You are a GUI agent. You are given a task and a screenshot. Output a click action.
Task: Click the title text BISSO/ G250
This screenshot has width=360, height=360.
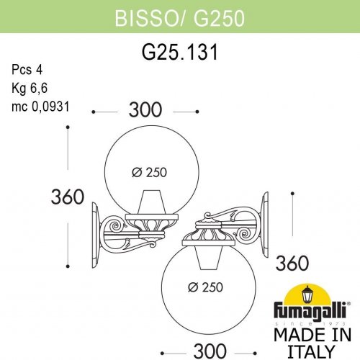tap(179, 16)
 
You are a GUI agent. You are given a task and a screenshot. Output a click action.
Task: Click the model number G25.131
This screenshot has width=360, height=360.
tap(179, 53)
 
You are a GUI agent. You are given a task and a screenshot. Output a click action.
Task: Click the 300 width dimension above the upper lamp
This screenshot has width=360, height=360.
tap(145, 110)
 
